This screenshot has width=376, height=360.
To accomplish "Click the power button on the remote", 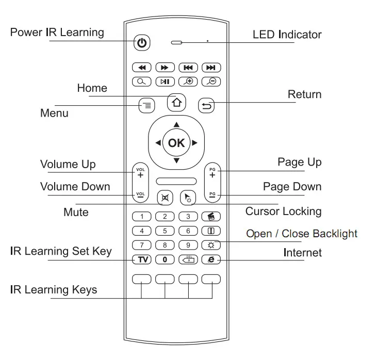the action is tap(142, 43).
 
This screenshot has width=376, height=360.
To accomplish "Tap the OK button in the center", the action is tap(176, 143).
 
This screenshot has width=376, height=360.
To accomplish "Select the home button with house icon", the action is tap(176, 103).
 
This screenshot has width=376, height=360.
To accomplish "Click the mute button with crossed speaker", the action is tap(165, 198).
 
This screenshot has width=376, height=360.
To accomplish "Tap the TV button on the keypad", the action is tap(142, 259).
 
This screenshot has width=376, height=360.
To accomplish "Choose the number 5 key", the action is tap(165, 231).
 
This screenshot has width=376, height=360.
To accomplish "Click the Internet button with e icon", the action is tap(211, 259).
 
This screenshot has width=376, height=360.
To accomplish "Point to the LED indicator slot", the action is tap(176, 43).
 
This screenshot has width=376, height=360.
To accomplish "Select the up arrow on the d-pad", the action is tap(176, 124).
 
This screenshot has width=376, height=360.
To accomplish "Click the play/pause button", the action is tap(165, 81).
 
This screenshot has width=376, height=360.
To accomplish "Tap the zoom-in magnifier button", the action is tap(188, 81).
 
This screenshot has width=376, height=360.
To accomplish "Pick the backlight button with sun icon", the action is tap(211, 245).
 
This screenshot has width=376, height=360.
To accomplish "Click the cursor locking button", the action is tap(188, 198).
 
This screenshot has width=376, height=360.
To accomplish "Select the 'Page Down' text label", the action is tap(292, 187).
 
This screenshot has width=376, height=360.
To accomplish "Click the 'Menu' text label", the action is tap(54, 113).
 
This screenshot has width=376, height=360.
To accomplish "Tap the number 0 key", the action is tap(165, 259).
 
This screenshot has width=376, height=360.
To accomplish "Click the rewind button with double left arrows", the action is tap(142, 68).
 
